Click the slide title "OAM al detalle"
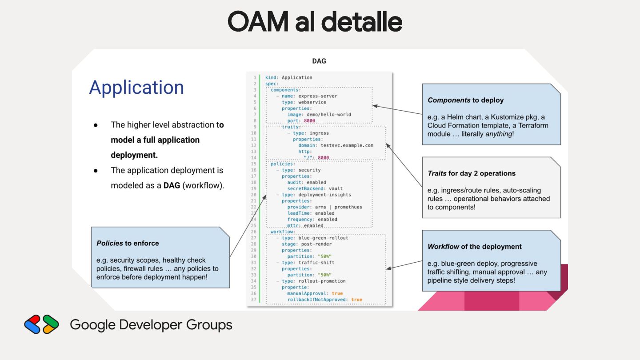315,21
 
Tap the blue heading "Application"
136,88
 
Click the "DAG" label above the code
319,61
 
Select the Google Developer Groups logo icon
41,324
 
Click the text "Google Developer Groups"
151,325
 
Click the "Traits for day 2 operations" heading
472,173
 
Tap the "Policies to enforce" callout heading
128,243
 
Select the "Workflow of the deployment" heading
475,246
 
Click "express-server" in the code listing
318,96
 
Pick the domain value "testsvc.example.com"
347,145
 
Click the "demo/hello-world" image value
329,114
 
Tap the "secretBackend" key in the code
305,188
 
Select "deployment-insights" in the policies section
324,195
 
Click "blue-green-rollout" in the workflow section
323,238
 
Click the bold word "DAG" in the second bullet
172,185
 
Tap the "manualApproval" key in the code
307,293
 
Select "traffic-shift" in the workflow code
316,263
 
